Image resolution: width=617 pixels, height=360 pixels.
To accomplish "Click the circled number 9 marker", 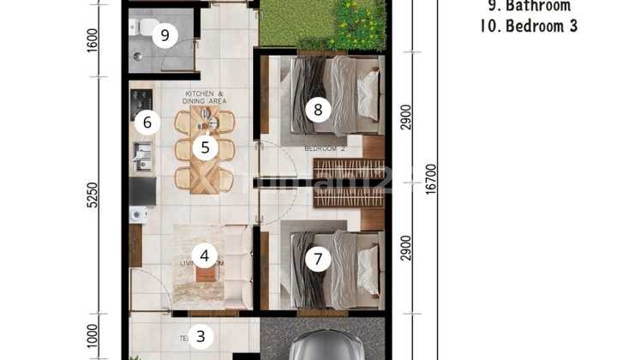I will tap(165, 35).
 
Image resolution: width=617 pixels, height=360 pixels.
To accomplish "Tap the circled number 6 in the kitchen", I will tap(147, 123).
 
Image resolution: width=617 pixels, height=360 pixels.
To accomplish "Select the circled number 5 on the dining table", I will tap(205, 147).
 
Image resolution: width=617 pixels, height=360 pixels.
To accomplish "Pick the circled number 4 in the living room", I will tap(205, 255).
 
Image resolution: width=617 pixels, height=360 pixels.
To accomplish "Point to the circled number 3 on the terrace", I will tap(201, 336).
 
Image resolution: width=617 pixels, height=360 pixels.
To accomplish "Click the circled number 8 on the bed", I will tap(318, 109).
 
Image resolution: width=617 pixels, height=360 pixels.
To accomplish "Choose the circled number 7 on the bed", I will tap(318, 258).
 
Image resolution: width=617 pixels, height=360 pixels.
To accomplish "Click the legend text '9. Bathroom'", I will tap(525, 5).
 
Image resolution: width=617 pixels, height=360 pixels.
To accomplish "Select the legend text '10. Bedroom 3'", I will tap(529, 26).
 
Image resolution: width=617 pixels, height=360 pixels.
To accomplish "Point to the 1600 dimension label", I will tap(93, 39).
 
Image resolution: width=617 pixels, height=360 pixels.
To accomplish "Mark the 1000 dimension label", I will tap(93, 335).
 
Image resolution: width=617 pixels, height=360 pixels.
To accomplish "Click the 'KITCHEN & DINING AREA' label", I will tap(204, 97).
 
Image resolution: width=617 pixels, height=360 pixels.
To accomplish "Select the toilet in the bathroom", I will tap(142, 27).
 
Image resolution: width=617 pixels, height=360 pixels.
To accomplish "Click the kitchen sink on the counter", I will tap(141, 156).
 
